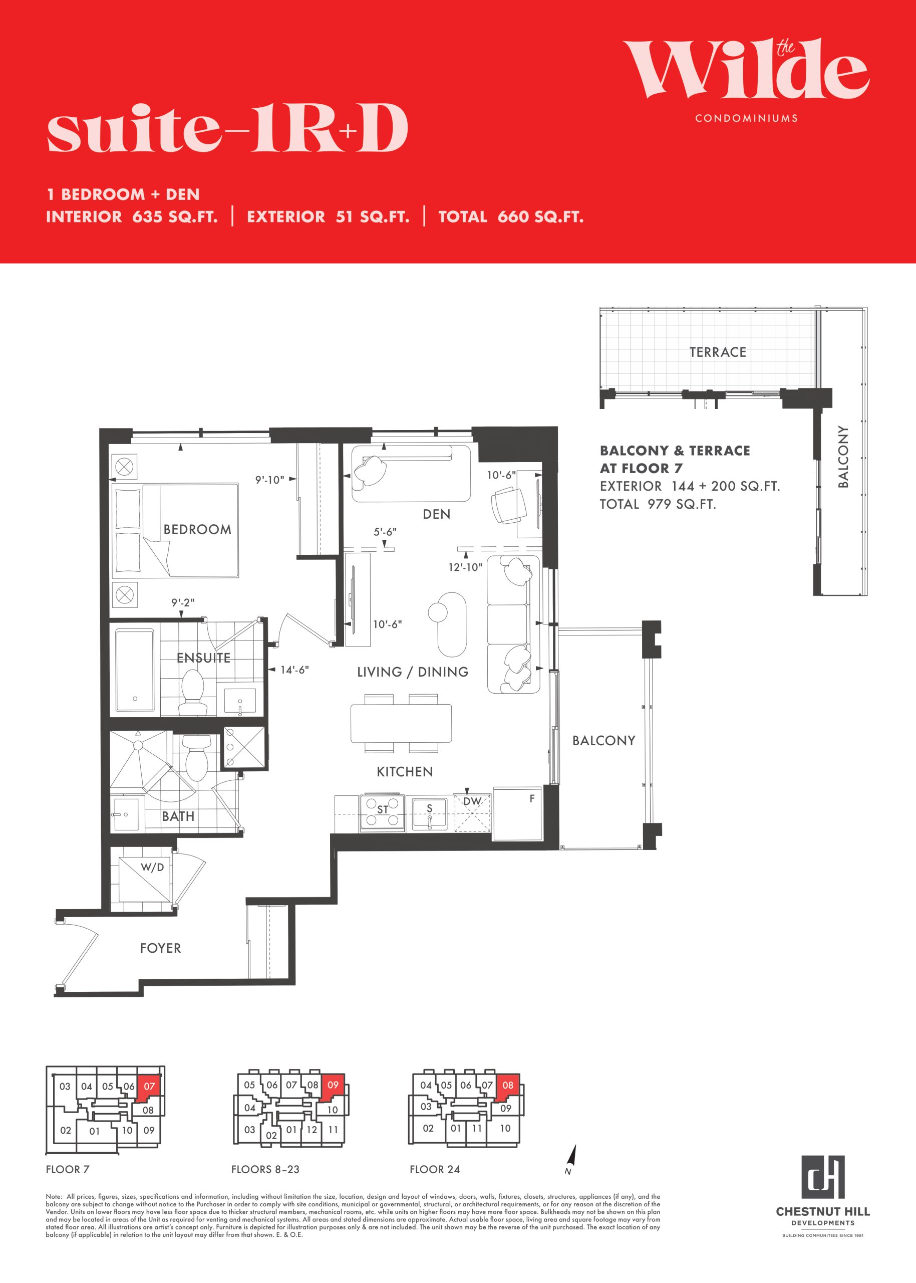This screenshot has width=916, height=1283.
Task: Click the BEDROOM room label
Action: tap(197, 529)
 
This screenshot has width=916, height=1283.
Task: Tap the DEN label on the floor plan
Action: tap(437, 514)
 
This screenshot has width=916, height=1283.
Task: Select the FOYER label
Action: tap(161, 948)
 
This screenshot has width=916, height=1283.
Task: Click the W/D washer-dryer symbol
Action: tap(144, 880)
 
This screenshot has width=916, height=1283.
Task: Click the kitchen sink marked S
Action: tap(429, 813)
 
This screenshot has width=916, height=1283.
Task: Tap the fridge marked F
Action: tap(517, 813)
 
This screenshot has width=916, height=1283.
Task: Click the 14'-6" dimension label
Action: tap(294, 670)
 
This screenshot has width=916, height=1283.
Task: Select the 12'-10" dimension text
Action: tap(465, 567)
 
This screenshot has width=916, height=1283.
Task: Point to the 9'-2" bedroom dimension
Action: tap(183, 602)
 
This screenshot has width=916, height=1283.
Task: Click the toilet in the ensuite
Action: tap(192, 693)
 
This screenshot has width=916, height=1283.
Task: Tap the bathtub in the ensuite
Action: tap(135, 670)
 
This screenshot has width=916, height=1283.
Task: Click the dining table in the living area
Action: tap(401, 723)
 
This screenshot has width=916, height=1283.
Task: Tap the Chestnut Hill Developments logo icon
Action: tap(823, 1176)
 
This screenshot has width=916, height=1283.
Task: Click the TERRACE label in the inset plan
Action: tap(718, 352)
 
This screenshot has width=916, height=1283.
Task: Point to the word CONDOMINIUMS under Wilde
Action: tap(746, 118)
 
